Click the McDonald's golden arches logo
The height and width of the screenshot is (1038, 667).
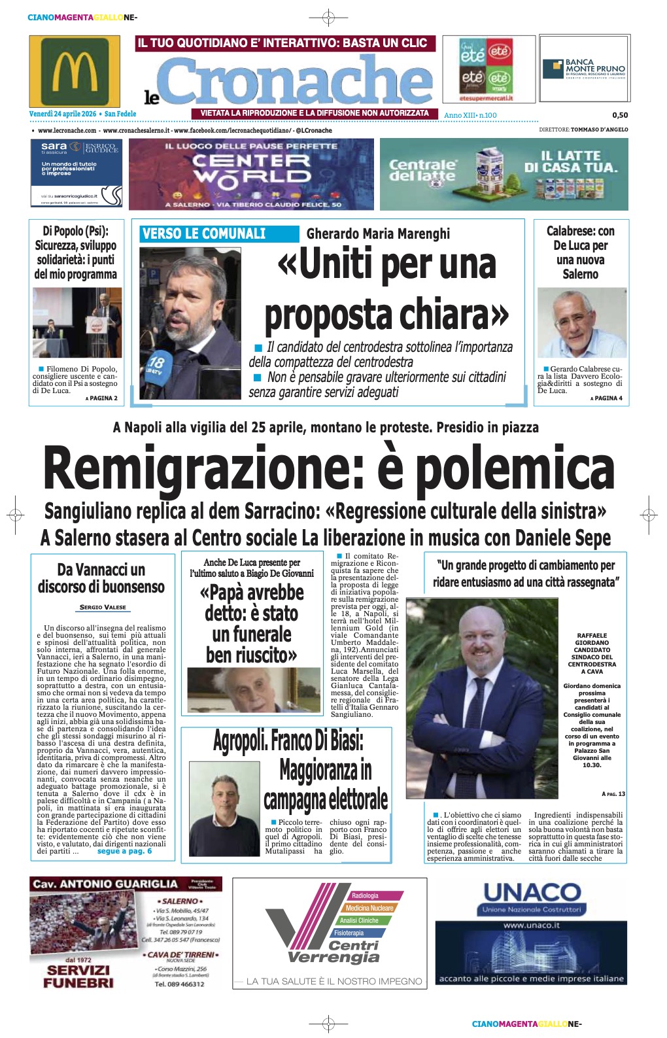coord(75,71)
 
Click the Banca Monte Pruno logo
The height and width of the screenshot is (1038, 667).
coord(584,68)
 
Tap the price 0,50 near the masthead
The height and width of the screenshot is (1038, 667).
coord(619,115)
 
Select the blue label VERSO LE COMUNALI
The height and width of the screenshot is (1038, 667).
coord(204,234)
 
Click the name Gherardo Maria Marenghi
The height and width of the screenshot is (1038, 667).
coord(378,234)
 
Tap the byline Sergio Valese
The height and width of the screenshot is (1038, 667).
coord(103,607)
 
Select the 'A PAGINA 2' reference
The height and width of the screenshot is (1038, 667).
coord(101,398)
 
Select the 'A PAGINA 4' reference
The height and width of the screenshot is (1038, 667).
coord(606,398)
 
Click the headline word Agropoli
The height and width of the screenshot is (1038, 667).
coord(239,742)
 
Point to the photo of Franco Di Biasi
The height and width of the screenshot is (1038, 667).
coord(224,807)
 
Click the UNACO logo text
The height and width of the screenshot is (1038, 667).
coord(532,892)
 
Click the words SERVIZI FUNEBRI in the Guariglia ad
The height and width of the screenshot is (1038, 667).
coord(78,976)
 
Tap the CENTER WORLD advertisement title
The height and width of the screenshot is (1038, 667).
coord(252,168)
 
